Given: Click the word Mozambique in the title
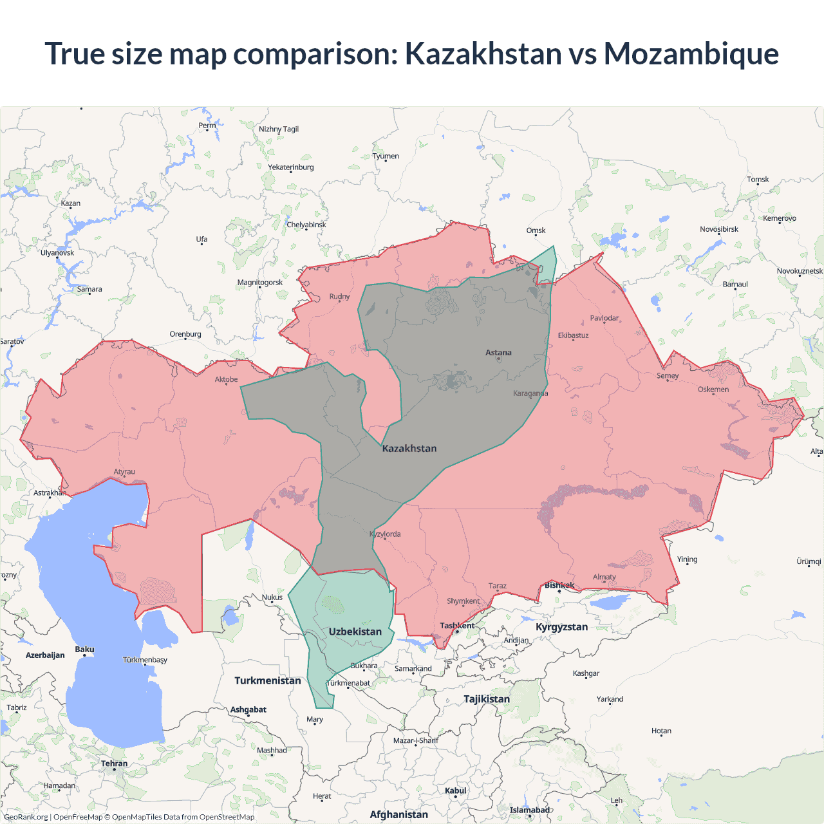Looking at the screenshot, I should (691, 54).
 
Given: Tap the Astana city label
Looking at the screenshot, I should (498, 353).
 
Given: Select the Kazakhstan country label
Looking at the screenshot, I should (409, 449).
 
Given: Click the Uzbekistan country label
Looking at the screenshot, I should (355, 632).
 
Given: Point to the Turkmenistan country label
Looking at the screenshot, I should (268, 680).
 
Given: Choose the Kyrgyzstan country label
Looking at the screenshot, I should (561, 627).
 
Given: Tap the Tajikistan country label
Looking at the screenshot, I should (487, 699).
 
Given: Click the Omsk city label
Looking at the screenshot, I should (536, 230).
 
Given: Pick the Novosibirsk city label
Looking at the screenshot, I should (719, 229).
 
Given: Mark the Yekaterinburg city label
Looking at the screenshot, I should (291, 167).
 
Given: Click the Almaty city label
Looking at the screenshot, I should (604, 577).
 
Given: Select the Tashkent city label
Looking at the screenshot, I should (457, 626).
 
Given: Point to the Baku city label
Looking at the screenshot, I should (84, 650).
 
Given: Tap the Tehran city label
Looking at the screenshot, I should (114, 763).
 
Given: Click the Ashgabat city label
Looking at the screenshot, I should (248, 709).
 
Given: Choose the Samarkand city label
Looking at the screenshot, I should (413, 668).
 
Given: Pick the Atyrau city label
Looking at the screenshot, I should (124, 472).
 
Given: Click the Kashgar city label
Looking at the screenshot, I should (586, 673).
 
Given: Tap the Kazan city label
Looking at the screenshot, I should (71, 203).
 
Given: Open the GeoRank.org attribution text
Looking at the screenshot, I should (26, 817).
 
